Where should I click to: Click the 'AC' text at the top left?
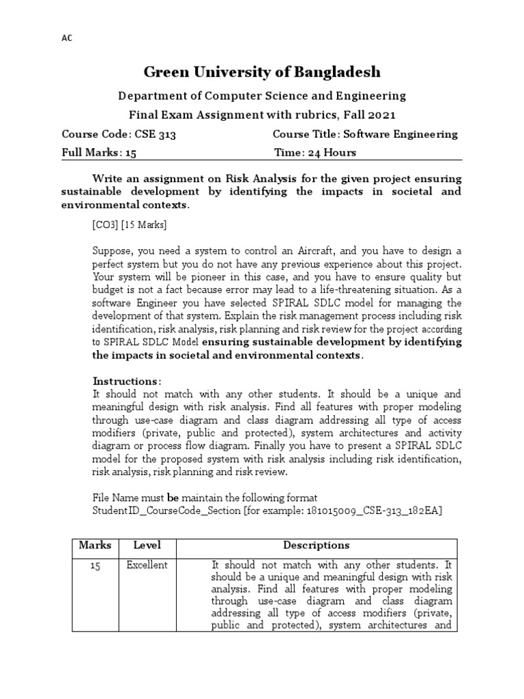pos(66,38)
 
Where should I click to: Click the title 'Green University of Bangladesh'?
pos(262,72)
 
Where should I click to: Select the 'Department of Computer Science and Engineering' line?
pos(262,96)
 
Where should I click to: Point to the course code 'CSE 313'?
pos(156,134)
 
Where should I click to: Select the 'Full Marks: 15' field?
pos(100,153)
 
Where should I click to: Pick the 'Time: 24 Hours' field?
pos(315,153)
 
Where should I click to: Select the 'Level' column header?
pos(147,545)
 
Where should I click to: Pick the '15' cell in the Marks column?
pos(95,567)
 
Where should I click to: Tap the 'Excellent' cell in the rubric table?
pos(147,566)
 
